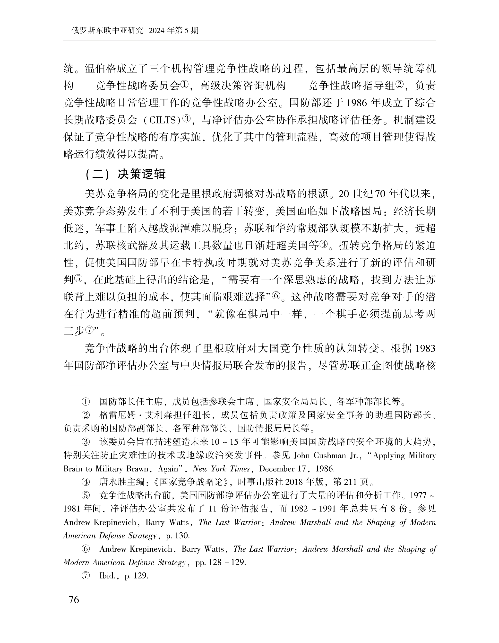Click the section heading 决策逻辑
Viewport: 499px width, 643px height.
click(142, 174)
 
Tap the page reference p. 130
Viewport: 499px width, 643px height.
click(177, 536)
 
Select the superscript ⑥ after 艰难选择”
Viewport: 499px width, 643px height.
click(276, 296)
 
